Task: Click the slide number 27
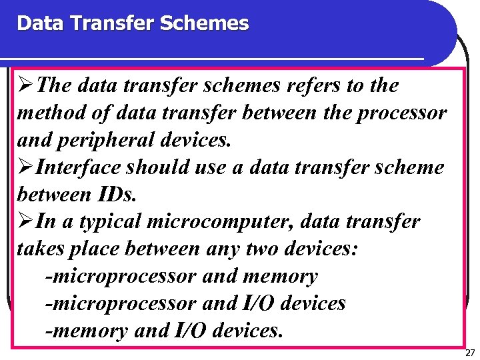(470, 352)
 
